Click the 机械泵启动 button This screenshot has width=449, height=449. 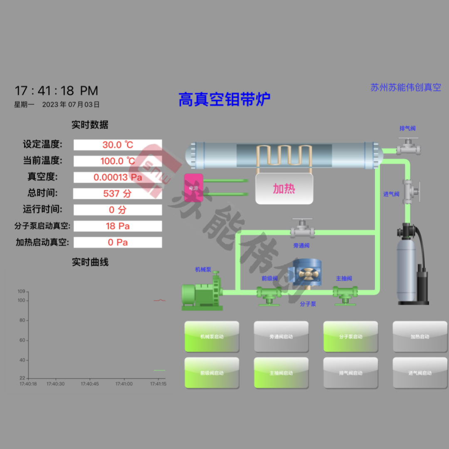pos(212,336)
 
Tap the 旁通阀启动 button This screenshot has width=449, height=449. pos(281,336)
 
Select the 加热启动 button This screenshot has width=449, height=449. pos(420,336)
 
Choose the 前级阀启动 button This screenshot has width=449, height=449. pos(212,373)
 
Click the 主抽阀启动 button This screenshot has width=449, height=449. pos(281,373)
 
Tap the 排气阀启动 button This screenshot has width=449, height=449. pos(350,373)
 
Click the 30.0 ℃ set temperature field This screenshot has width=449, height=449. pos(118,145)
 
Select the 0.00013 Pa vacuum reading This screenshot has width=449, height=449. pos(118,178)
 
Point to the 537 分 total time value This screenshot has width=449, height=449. pos(118,193)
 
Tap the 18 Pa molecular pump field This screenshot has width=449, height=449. pos(118,226)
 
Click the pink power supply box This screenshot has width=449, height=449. pos(194,187)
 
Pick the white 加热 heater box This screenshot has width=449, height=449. pos(284,189)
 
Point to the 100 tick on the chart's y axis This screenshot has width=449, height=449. pos(22,300)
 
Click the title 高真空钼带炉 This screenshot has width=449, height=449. pos(224,99)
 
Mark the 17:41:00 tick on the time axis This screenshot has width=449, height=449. pos(124,384)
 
